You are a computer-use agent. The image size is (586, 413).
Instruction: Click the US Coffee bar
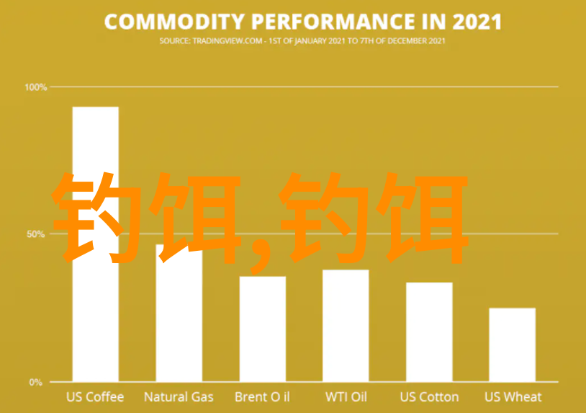96,244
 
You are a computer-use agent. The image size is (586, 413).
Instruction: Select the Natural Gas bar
179,313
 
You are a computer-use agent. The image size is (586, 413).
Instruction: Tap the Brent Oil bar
263,329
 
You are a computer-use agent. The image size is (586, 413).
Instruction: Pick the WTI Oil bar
346,326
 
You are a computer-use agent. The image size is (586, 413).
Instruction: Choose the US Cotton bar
429,332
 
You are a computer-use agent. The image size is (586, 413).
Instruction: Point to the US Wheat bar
513,345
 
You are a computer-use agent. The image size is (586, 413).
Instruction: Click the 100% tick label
36,87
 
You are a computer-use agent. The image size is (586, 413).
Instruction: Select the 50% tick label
35,234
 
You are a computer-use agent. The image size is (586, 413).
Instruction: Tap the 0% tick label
36,382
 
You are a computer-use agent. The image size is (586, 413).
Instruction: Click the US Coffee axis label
95,397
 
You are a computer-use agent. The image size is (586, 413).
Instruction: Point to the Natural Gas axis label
179,397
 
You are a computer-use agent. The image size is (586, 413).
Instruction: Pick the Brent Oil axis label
262,397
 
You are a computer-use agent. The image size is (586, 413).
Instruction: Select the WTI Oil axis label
346,397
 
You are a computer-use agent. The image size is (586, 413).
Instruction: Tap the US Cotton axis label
429,397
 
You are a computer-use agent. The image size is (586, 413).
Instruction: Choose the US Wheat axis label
513,397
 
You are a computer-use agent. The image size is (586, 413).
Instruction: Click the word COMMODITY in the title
174,22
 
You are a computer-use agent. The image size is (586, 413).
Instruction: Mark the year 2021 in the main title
477,22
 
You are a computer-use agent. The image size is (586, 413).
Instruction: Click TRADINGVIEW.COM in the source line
227,41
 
